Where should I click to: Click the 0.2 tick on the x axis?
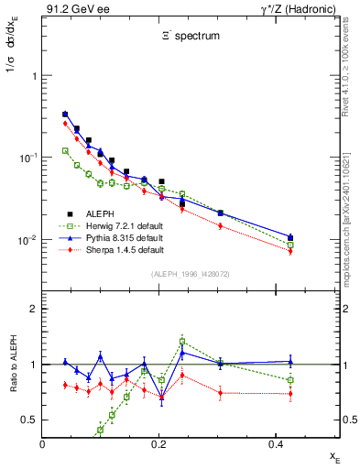tap(159, 443)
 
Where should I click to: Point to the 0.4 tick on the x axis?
tap(276, 443)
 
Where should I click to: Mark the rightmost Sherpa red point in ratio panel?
tap(290, 394)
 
